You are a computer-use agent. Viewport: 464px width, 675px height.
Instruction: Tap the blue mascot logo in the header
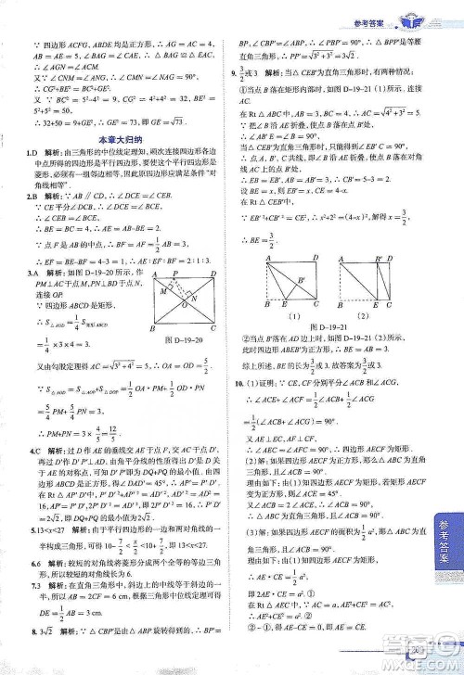407,12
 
